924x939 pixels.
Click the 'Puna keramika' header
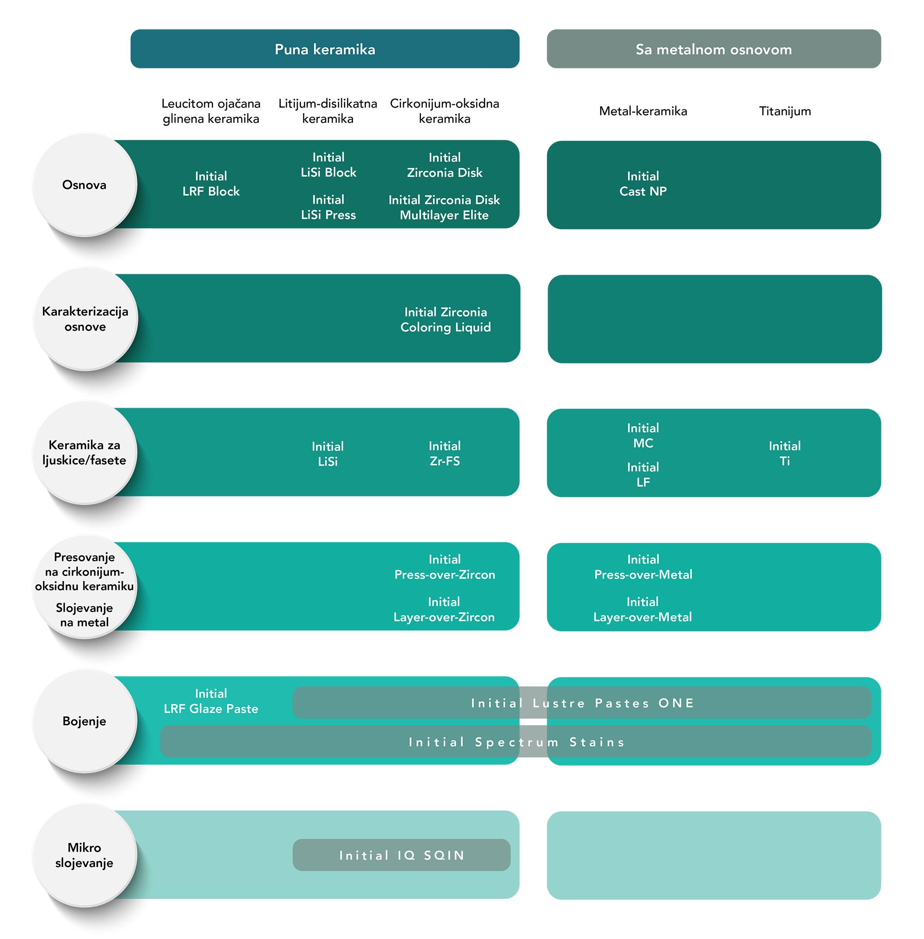(x=325, y=49)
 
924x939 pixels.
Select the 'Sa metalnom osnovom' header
(x=713, y=49)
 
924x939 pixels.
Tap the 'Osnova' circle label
(x=85, y=185)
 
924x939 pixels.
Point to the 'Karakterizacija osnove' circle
(x=85, y=319)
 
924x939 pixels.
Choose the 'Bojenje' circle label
(x=85, y=721)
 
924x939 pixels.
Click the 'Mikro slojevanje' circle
(x=85, y=855)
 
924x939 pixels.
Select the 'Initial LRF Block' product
(x=211, y=183)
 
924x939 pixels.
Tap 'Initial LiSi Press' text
(x=328, y=207)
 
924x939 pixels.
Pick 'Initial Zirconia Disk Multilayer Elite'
(x=444, y=207)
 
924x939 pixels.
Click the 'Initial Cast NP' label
(x=643, y=183)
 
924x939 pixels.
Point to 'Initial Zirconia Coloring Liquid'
(x=445, y=319)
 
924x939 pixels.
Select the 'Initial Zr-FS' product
(x=444, y=453)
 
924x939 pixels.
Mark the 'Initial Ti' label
(x=785, y=453)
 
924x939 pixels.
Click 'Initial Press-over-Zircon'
(x=444, y=567)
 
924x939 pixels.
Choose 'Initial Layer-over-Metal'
(x=643, y=610)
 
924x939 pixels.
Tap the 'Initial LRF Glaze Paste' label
(x=211, y=701)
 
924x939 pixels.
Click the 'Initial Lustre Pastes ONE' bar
(x=583, y=703)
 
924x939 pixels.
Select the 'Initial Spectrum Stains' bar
(x=516, y=741)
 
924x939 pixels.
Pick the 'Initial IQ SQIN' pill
(x=401, y=855)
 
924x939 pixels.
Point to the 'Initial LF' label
(x=643, y=475)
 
